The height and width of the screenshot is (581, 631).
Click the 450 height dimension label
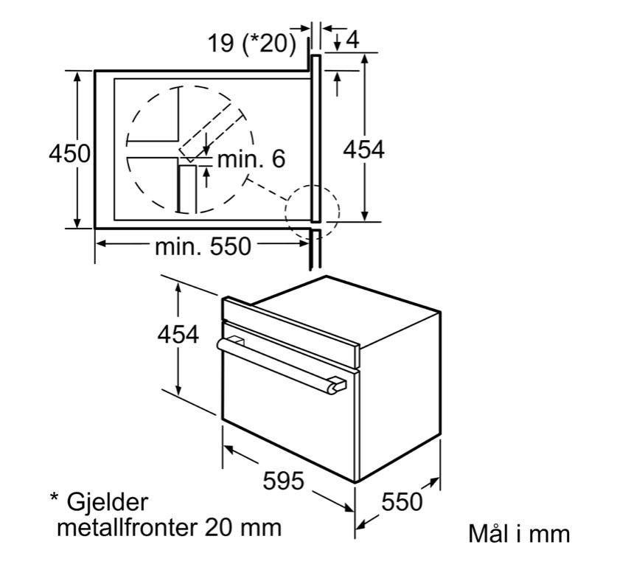click(69, 153)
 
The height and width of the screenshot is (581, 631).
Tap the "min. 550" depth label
click(203, 246)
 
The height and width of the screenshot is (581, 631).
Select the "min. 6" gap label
click(251, 159)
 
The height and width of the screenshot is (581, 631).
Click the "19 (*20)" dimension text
click(252, 43)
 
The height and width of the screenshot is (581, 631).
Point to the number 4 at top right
click(352, 40)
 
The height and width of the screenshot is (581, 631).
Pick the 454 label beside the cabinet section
click(364, 150)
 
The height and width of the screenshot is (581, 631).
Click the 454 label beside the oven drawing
click(178, 334)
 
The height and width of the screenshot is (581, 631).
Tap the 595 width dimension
click(283, 480)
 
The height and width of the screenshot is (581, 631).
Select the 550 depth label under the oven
click(402, 501)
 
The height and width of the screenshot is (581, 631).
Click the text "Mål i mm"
click(519, 533)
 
